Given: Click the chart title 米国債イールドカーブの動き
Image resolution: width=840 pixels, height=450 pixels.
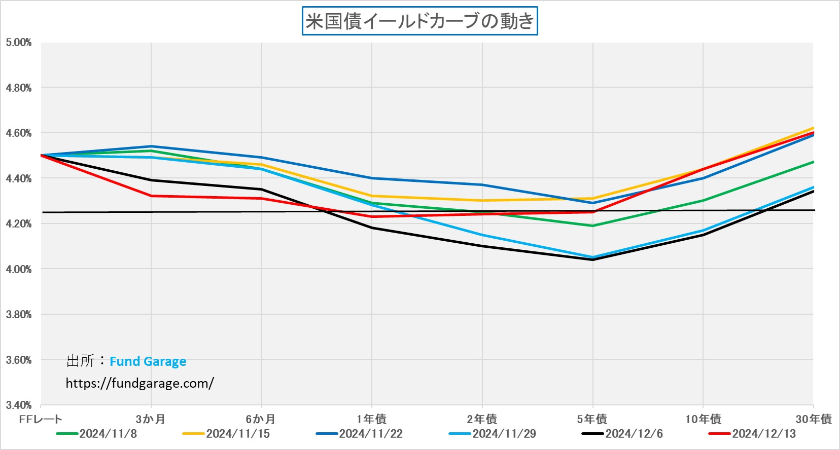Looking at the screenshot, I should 419,21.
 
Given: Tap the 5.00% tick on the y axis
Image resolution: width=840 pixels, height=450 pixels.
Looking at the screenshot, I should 19,43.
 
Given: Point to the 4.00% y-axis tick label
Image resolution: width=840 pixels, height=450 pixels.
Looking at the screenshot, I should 19,269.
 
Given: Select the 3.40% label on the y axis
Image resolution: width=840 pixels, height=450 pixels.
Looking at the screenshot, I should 19,405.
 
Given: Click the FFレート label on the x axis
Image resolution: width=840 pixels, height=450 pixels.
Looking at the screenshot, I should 41,419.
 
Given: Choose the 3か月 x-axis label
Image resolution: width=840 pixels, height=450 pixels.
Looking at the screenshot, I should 151,419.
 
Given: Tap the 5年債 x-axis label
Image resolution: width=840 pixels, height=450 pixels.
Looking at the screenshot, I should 592,419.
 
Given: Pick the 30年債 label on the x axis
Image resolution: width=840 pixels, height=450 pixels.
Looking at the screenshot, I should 813,419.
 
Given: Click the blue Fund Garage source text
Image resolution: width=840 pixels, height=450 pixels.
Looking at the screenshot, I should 148,361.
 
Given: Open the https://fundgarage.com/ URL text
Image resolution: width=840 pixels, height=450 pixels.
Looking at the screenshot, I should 139,383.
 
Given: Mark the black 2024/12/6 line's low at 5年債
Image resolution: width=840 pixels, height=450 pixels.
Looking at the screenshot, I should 592,259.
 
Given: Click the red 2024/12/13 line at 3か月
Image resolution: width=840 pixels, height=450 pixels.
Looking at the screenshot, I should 151,196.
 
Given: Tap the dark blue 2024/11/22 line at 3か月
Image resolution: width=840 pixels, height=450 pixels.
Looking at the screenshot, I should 151,146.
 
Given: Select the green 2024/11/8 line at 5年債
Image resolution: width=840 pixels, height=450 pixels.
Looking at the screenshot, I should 592,226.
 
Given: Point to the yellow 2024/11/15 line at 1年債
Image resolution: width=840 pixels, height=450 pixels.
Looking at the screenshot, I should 372,196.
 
